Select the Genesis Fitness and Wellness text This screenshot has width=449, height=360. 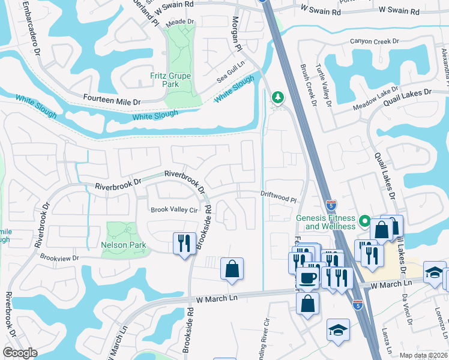coord(325,223)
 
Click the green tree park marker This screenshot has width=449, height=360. coord(277,97)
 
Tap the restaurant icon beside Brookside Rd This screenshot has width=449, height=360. coord(183,243)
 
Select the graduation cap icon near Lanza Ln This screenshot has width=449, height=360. coord(338,330)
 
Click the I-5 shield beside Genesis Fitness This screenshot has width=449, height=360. coord(331,205)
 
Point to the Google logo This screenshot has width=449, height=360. coord(20,352)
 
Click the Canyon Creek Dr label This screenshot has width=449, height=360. coord(375,41)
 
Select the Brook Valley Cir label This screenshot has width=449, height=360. coord(174,209)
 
